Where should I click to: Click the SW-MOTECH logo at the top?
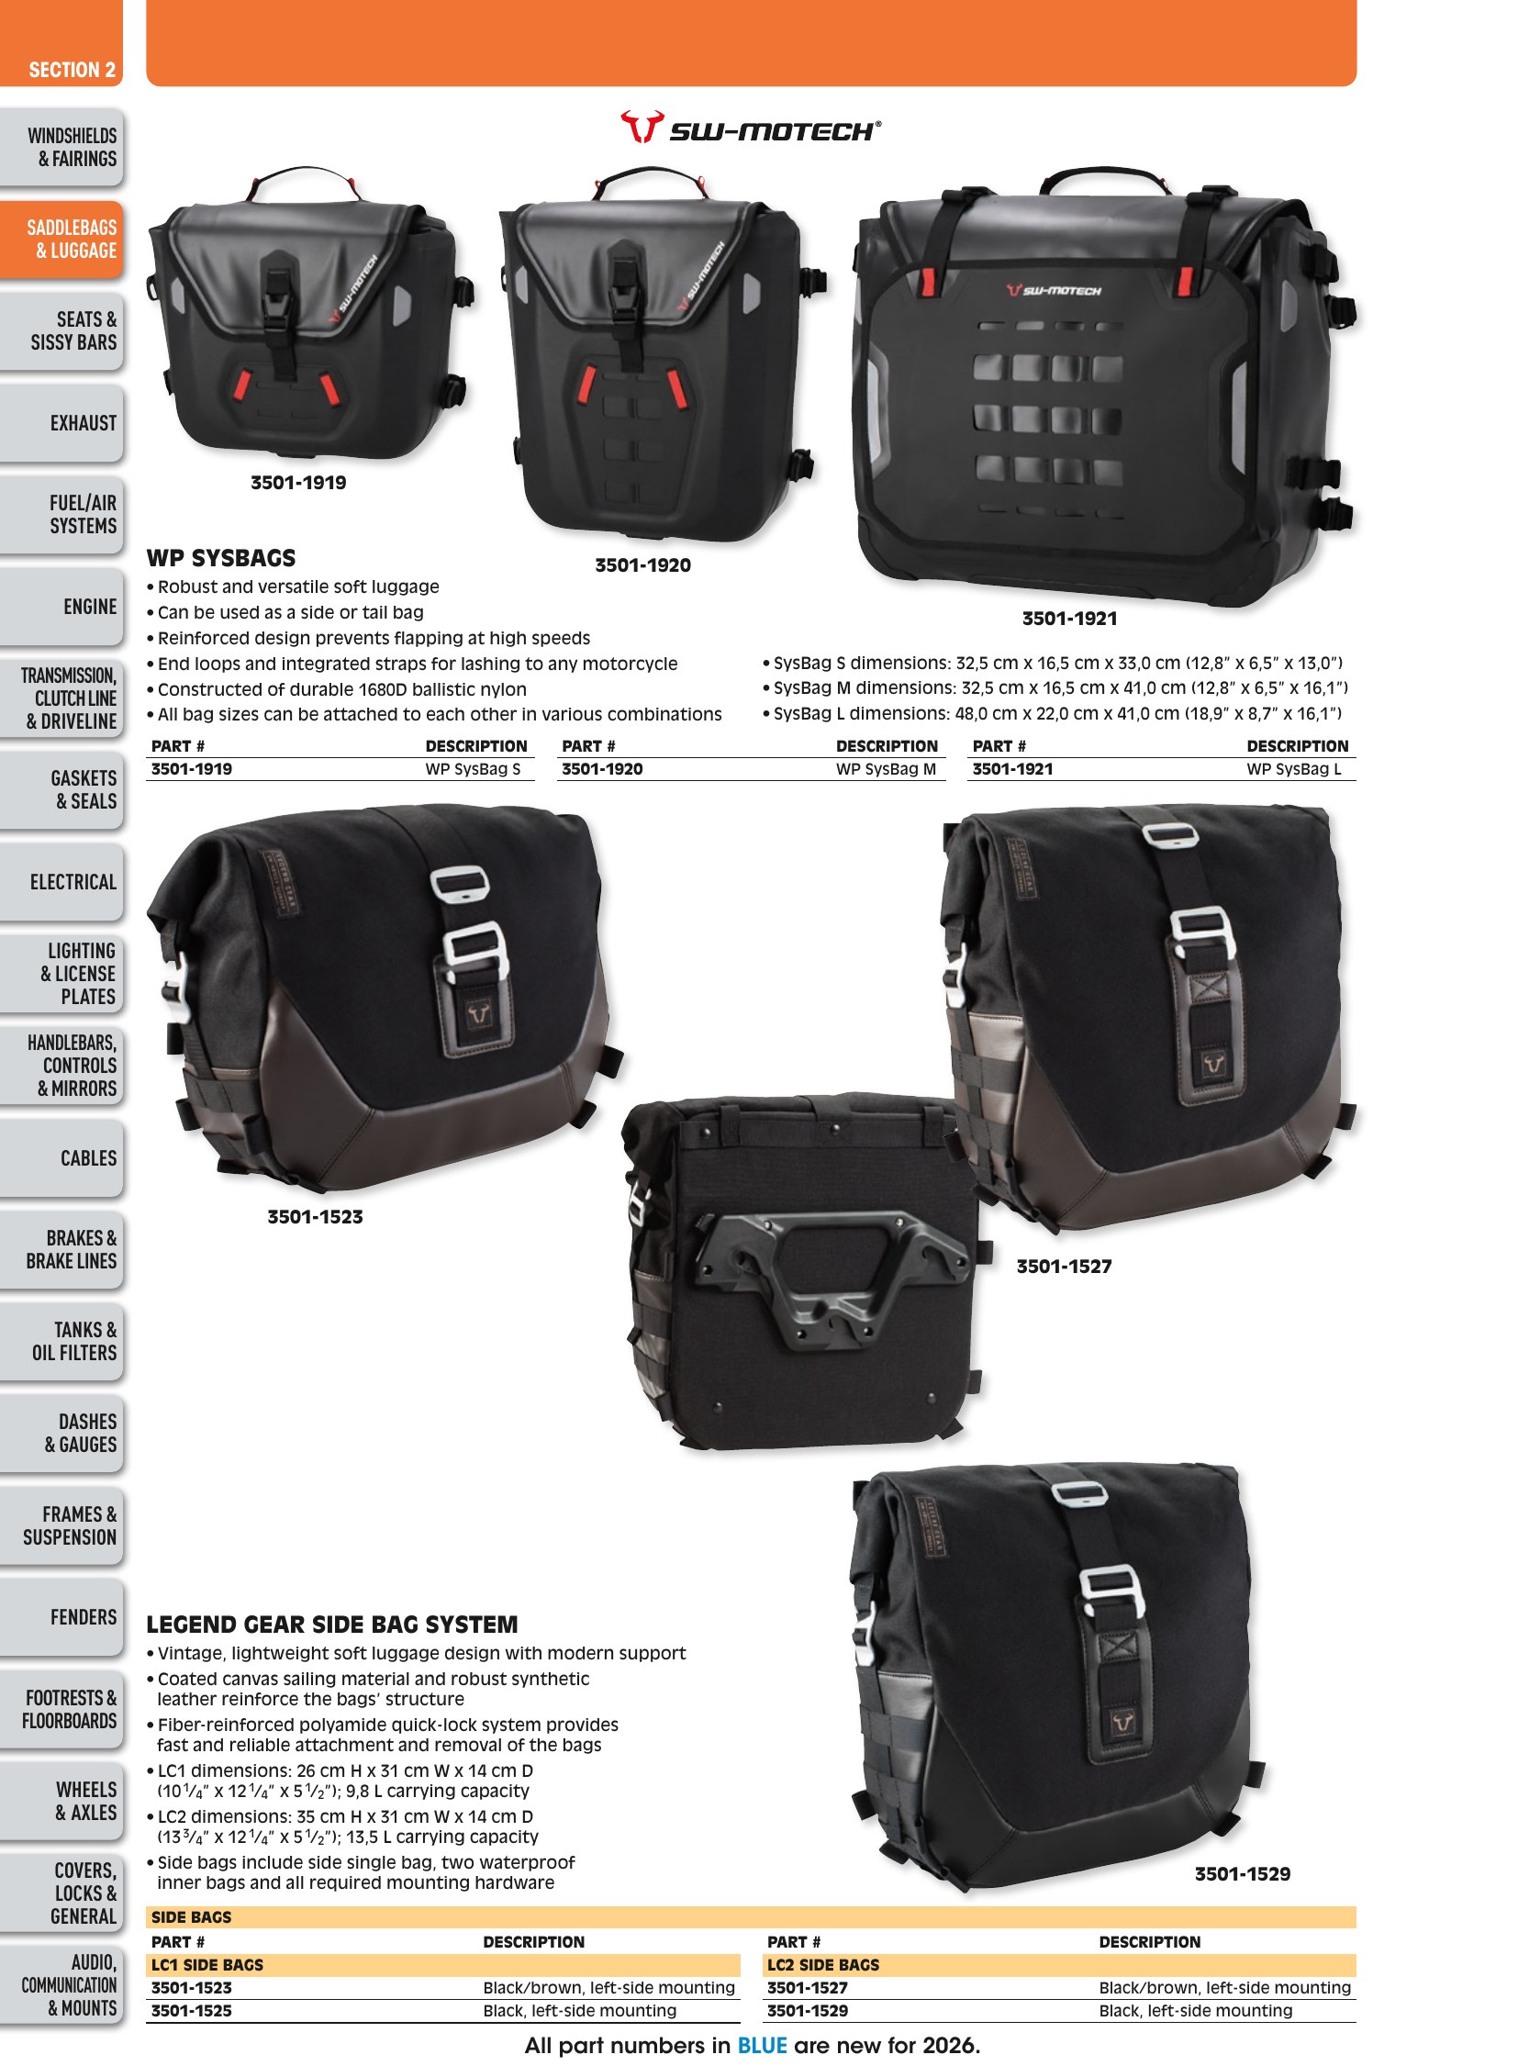(750, 128)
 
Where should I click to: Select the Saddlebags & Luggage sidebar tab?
(61, 239)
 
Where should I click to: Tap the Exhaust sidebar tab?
(61, 423)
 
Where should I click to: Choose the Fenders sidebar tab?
(61, 1616)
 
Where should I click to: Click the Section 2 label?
(72, 70)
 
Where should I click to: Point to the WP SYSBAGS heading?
(221, 558)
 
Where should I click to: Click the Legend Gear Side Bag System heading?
(332, 1624)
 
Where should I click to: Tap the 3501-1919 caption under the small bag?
(298, 483)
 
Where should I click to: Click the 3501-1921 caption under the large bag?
(1069, 619)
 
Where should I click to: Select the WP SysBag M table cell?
(886, 769)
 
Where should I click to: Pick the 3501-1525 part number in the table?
(191, 2010)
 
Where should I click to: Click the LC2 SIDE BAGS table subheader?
(823, 1964)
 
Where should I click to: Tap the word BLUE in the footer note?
(763, 2045)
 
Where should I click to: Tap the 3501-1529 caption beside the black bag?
(1243, 1874)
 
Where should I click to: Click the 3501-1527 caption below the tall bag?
(1064, 1267)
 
